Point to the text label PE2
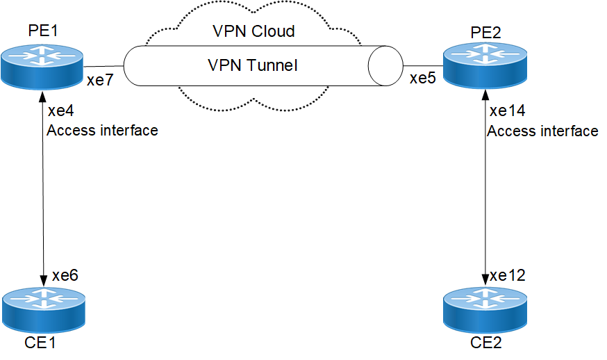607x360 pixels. (x=483, y=33)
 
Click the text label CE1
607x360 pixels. (x=42, y=343)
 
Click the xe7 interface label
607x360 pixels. (x=100, y=81)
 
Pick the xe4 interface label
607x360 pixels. (x=60, y=111)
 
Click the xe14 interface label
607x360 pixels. (x=507, y=111)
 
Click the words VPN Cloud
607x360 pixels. (x=253, y=31)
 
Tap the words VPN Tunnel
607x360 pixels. (x=253, y=65)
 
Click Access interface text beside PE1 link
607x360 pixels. (x=102, y=130)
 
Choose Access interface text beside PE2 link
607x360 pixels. (x=542, y=131)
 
